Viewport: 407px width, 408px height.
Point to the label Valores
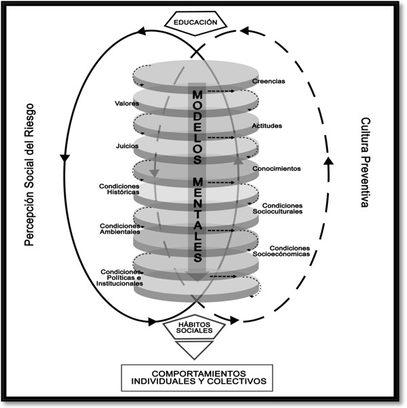click(x=127, y=103)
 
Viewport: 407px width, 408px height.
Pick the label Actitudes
click(x=267, y=125)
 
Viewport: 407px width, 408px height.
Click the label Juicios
click(x=128, y=146)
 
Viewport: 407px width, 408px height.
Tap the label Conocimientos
click(x=276, y=167)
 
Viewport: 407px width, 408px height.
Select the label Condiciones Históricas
click(x=119, y=188)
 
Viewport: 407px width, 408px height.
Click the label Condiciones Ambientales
click(x=120, y=228)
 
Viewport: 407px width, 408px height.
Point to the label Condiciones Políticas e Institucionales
click(x=120, y=276)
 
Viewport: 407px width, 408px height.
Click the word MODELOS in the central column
click(x=197, y=125)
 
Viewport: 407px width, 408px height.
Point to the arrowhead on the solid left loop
click(x=66, y=157)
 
